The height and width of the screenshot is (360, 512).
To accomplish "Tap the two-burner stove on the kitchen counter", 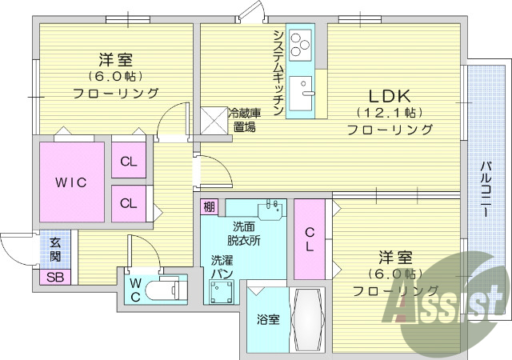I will coord(301,44).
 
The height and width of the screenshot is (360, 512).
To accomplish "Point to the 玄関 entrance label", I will coord(54,249).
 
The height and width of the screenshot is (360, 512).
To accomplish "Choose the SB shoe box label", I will coord(55,278).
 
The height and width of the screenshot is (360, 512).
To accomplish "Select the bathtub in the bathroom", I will coord(307,318).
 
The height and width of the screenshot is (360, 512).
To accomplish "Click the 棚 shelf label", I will coord(209,207).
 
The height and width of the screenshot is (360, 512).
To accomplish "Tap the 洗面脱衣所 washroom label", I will coord(242,233).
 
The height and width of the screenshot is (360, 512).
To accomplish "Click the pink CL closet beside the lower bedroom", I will coord(309,238).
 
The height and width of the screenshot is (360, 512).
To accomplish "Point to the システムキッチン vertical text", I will coord(277,73).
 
